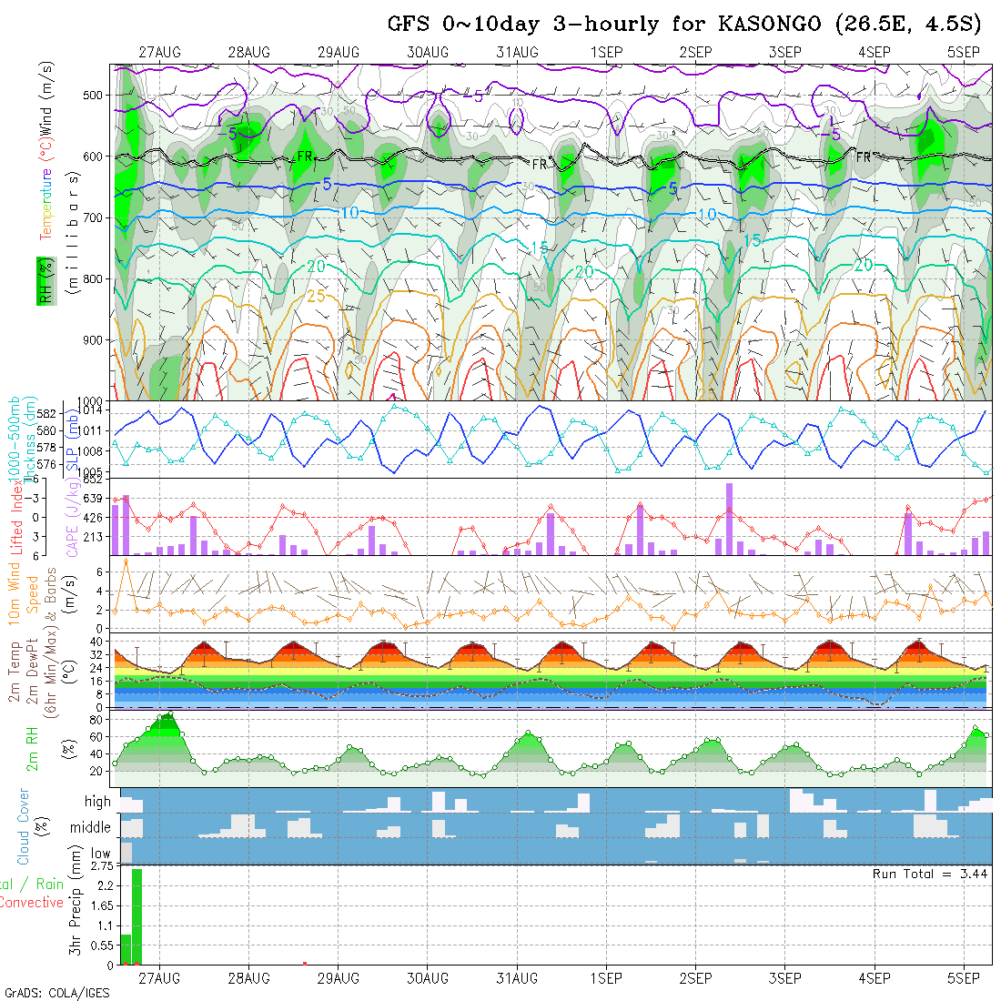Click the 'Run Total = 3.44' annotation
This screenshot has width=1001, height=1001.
pos(930,874)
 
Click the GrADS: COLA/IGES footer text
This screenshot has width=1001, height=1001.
pos(56,993)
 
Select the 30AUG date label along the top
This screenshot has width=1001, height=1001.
pos(428,52)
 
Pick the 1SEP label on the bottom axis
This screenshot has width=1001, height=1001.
pos(606,978)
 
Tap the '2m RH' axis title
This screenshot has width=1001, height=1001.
pos(32,749)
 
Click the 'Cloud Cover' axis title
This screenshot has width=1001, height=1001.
pos(23,827)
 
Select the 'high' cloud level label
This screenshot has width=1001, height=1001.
pos(97,802)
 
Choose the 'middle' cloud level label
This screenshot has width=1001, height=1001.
pos(91,828)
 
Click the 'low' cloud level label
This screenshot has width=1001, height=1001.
pos(100,854)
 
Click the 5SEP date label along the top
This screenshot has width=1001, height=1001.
pos(964,52)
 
